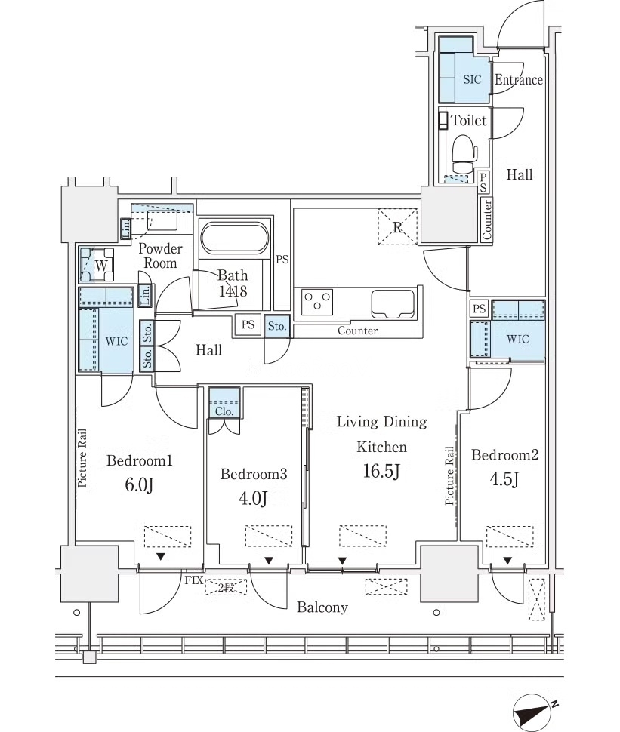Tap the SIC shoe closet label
tap(472, 79)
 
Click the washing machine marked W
tap(97, 265)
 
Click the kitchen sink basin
tap(393, 303)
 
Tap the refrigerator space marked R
tap(397, 227)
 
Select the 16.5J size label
tap(381, 471)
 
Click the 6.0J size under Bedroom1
tap(139, 485)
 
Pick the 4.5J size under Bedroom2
tap(504, 479)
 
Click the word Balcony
tap(322, 607)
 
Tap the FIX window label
tap(194, 580)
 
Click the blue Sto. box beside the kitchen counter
tap(277, 326)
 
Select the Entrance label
tap(519, 80)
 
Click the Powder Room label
tap(160, 256)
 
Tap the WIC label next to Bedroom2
tap(518, 340)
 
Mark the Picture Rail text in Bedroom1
tap(82, 458)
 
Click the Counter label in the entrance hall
tap(487, 220)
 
